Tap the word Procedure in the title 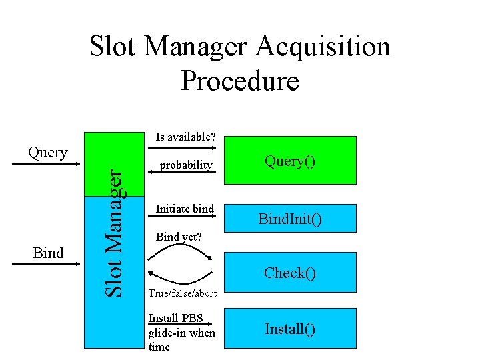tap(240, 81)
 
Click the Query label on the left tap(47, 152)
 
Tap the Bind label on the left tap(48, 253)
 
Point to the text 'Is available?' tap(185, 137)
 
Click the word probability tap(186, 165)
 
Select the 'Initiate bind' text tap(185, 209)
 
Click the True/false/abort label tap(181, 293)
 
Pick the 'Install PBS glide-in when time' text tap(181, 332)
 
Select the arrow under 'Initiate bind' tap(185, 217)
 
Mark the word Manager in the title tap(195, 47)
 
